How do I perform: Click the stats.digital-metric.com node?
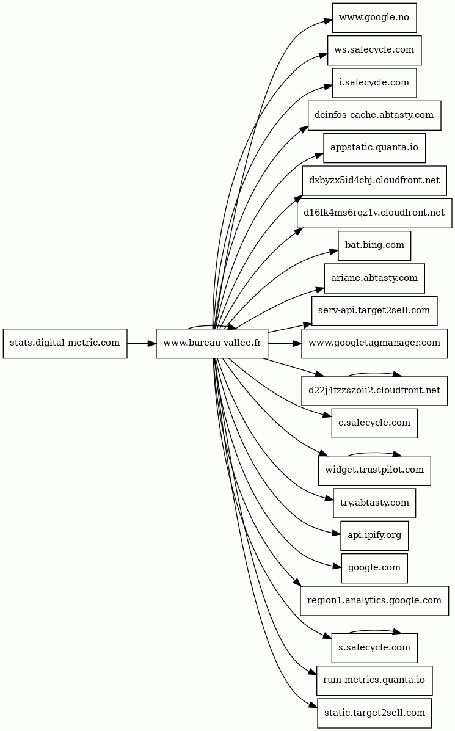pos(65,344)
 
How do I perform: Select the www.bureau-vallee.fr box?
pos(212,344)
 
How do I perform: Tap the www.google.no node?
pos(374,18)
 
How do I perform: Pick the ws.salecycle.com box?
pos(374,50)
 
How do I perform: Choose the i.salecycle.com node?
pos(374,83)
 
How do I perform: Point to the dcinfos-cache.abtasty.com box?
pos(374,115)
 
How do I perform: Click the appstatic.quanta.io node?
pos(374,148)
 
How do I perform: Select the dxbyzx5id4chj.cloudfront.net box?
pos(374,180)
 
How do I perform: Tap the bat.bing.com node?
pos(374,245)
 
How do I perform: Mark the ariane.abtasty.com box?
pos(374,278)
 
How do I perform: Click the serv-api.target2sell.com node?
pos(374,311)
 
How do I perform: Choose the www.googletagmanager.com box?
pos(374,344)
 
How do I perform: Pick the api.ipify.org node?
pos(374,536)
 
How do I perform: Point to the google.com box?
pos(374,569)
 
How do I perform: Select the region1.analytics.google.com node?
pos(374,601)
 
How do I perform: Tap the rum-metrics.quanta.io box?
pos(374,681)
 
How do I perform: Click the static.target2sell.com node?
pos(374,713)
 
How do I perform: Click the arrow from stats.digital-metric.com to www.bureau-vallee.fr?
pos(142,344)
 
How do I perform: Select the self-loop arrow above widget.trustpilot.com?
pos(374,453)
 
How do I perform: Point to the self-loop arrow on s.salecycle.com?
pos(374,630)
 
